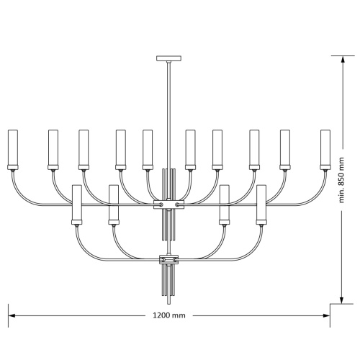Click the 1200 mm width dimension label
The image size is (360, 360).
(169, 315)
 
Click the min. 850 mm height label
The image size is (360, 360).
(341, 180)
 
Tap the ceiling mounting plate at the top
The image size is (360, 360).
(168, 58)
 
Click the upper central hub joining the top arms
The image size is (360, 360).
(169, 204)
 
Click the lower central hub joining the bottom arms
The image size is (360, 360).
(169, 259)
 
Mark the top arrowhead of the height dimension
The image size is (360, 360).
(343, 60)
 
